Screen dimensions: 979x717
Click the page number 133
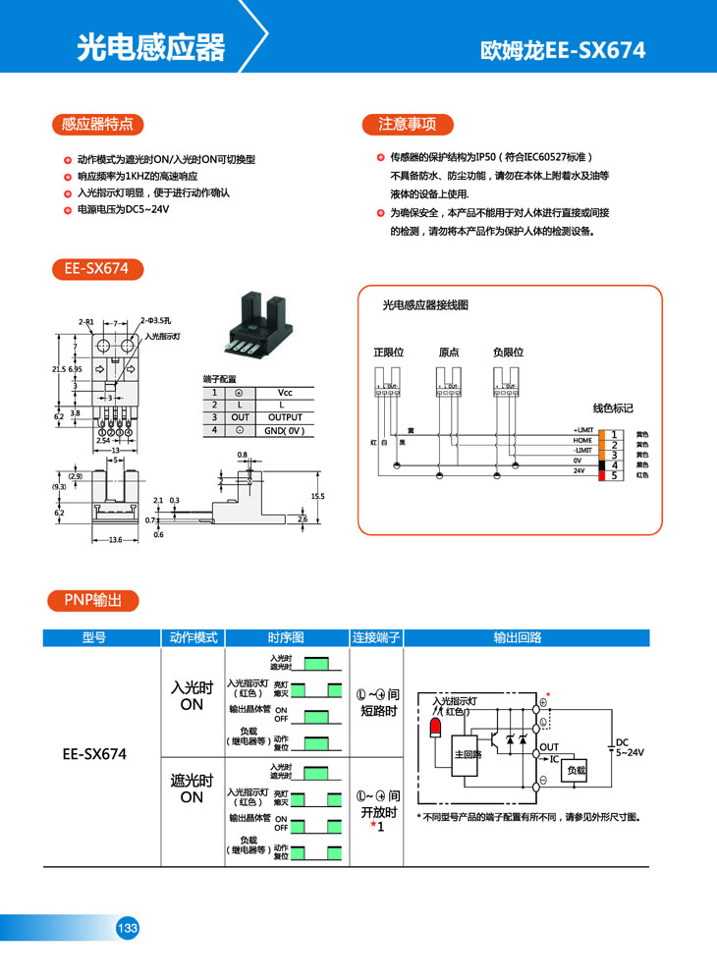128,928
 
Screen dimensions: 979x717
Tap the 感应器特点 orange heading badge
97,124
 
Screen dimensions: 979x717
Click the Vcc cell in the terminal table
285,392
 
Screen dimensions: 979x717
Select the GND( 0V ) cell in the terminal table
285,430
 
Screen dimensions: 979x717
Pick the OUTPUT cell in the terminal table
285,417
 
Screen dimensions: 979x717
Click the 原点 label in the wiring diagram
449,352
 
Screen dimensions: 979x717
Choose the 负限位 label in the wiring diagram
508,352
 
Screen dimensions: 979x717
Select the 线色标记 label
613,408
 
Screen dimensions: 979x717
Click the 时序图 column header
286,637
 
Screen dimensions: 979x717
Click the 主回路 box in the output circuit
468,754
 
